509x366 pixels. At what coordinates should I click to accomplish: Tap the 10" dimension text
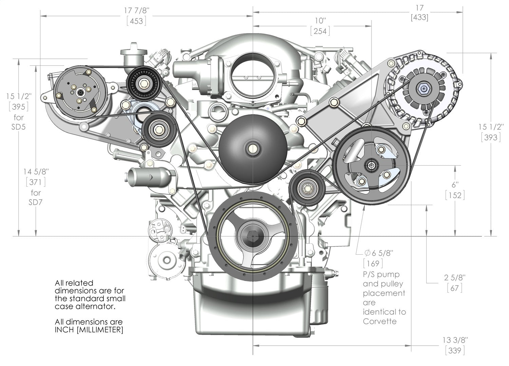[320, 20]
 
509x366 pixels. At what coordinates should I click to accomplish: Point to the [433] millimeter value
[419, 17]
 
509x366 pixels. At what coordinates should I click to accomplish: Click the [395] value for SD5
[19, 107]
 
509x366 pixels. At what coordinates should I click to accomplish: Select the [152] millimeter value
[455, 195]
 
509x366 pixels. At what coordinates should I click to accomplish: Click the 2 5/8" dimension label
[455, 277]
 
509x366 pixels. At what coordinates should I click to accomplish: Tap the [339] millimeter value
[455, 350]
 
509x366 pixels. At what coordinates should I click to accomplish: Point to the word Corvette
[380, 321]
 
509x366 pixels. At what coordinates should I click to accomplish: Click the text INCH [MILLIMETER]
[89, 330]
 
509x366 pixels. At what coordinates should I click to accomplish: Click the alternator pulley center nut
[424, 89]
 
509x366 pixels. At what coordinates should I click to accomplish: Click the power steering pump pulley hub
[371, 165]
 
